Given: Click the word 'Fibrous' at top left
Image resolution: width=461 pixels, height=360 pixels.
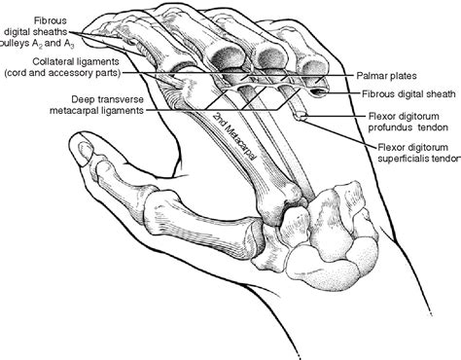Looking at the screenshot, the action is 50,19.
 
